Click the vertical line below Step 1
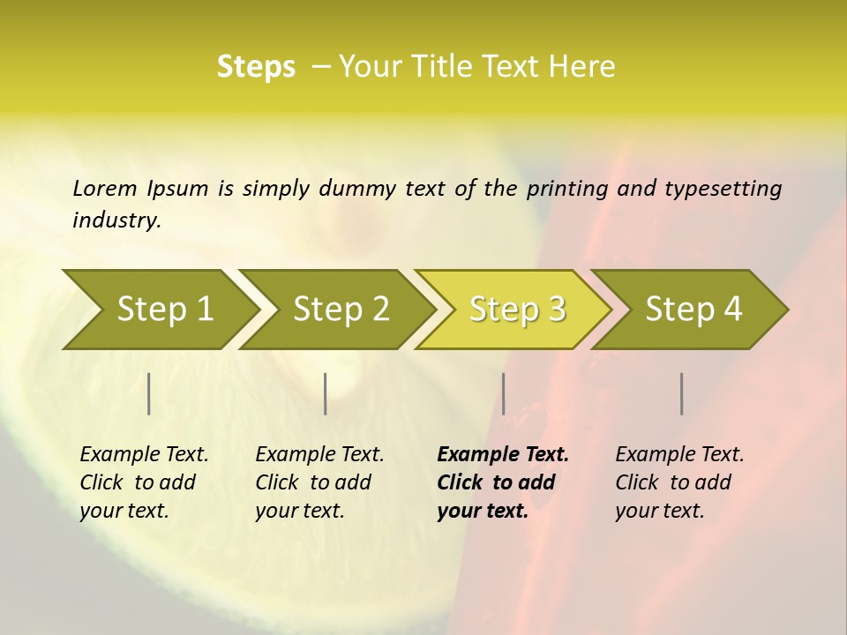(149, 393)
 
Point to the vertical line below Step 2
(326, 393)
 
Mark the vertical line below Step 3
(504, 393)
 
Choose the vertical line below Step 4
(682, 393)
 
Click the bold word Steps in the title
(256, 67)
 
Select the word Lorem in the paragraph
(105, 188)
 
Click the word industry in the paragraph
(116, 220)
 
